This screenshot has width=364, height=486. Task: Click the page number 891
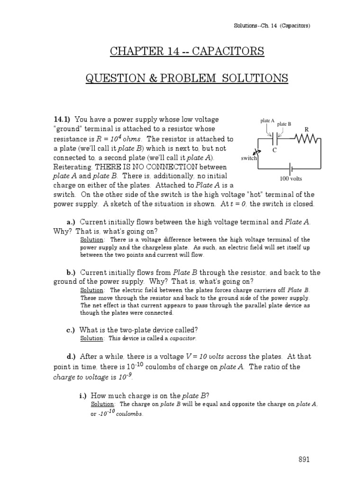304,459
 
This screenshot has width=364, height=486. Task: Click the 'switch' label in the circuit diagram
248,159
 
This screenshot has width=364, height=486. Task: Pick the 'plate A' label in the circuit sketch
267,121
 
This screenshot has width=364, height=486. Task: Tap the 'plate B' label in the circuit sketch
284,124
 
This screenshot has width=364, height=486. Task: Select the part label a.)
71,222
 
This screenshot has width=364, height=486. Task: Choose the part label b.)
71,272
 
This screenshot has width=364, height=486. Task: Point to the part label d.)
71,356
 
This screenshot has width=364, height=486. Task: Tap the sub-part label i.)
82,395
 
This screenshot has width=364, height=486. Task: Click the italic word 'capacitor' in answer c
182,338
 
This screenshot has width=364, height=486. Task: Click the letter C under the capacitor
274,150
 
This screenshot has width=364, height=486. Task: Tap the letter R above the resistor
306,129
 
